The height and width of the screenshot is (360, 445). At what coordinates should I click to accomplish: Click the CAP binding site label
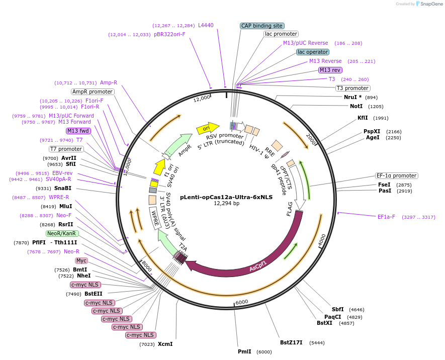pos(262,26)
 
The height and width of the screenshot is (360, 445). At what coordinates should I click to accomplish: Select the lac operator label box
pos(313,52)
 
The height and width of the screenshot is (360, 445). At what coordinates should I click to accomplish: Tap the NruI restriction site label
pos(352,97)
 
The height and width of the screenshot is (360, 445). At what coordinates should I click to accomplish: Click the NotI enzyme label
pos(356,107)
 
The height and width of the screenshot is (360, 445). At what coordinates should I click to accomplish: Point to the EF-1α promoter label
pos(397,176)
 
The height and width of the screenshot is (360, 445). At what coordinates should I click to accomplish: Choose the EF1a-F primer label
pos(386,217)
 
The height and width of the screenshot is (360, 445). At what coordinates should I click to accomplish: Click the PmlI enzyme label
pos(244,352)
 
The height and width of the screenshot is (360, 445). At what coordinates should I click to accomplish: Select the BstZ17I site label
pos(291,343)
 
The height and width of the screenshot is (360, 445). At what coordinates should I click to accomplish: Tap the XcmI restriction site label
pos(165,344)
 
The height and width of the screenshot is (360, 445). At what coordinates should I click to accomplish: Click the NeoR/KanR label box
pos(62,233)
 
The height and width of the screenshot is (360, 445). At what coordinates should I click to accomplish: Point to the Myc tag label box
pos(81,260)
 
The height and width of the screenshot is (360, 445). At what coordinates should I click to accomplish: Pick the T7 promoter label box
pos(66,149)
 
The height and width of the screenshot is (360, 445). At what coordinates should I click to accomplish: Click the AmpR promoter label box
pos(93,92)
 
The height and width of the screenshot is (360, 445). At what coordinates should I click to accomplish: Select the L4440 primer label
pos(206,25)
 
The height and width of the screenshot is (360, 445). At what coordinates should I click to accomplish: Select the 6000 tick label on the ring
pos(242,302)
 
